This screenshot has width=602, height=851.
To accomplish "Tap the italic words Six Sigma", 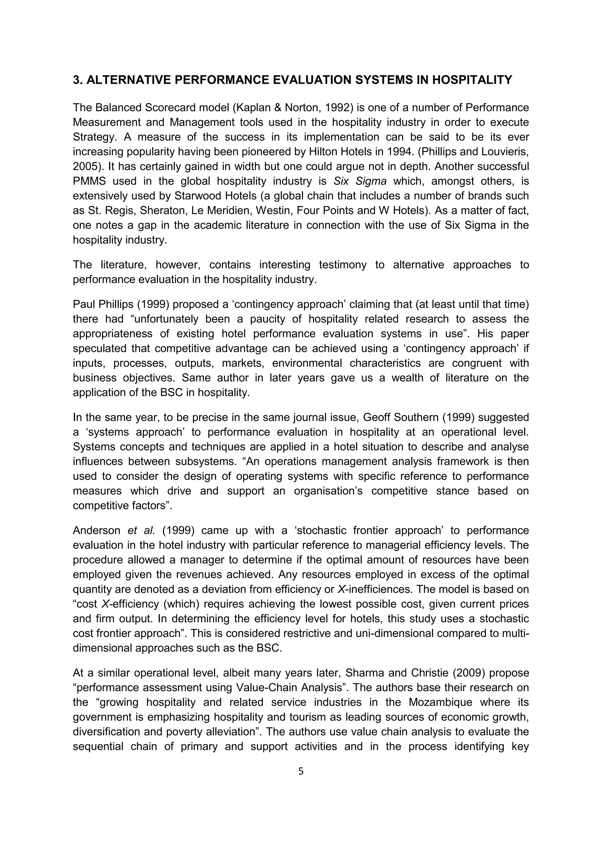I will [360, 181].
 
